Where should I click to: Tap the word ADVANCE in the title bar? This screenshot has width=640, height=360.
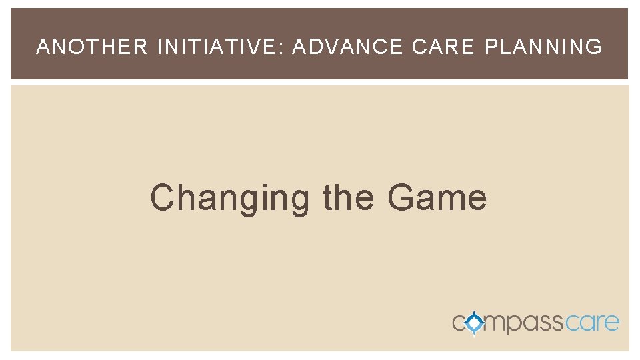coord(347,47)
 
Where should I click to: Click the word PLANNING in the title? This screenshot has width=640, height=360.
coord(543,47)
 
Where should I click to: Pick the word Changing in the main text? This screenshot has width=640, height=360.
coord(229,199)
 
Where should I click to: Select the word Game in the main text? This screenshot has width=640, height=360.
coord(437,197)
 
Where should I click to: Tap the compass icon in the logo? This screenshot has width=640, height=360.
coord(475,323)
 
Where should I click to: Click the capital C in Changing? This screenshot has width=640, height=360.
coord(162,197)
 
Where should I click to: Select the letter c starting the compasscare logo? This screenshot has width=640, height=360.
coord(459,324)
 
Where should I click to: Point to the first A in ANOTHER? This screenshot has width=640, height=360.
coord(43,47)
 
